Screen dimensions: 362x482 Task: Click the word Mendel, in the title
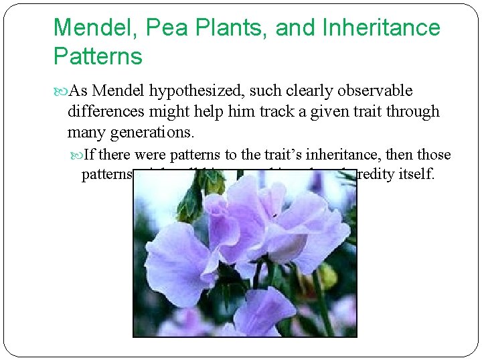tap(92, 28)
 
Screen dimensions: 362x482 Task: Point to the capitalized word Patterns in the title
tap(98, 56)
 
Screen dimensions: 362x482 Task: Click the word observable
tap(372, 91)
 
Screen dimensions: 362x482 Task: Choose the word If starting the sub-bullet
tap(90, 156)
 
